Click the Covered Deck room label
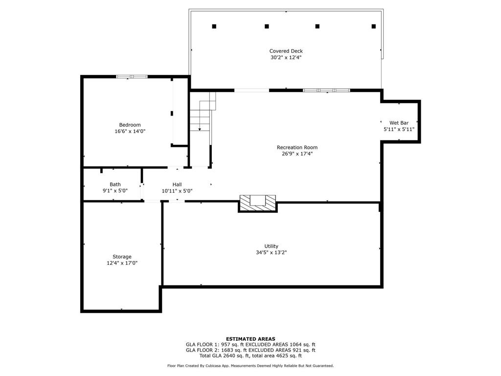click(286, 51)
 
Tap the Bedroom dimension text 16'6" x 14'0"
click(130, 131)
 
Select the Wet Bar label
click(399, 123)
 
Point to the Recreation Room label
click(297, 147)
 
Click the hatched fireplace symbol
click(258, 203)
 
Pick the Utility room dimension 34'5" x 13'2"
click(271, 253)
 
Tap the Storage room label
click(122, 257)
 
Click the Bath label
click(115, 185)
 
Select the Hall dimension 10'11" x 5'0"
click(177, 191)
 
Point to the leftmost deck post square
click(214, 26)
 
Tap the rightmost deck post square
click(374, 26)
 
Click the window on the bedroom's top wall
click(132, 76)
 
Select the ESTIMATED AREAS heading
click(250, 339)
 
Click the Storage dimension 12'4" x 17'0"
click(122, 263)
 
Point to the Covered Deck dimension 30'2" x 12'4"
click(286, 57)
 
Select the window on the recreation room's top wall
click(326, 90)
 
